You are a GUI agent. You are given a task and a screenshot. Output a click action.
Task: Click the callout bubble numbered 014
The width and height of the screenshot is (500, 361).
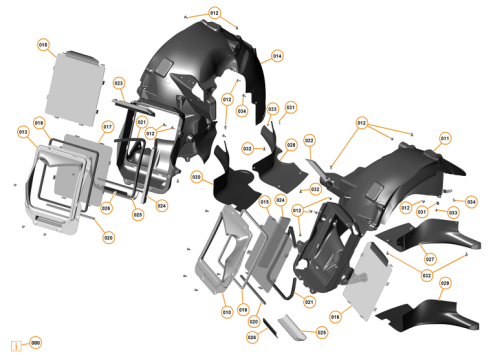click(x=277, y=56)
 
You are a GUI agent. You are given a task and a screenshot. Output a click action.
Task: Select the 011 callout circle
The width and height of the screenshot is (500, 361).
click(x=445, y=138)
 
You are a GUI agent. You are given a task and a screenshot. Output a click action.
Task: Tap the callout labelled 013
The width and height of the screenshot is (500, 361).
click(x=22, y=131)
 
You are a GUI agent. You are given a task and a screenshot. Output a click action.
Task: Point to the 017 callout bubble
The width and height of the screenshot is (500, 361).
click(x=107, y=127)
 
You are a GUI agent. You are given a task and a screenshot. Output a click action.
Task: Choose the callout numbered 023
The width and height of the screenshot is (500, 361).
click(x=118, y=82)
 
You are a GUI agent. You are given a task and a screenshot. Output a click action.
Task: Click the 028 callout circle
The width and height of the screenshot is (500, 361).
click(x=291, y=145)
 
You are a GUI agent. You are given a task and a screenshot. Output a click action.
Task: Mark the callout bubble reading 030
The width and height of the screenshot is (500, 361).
click(x=197, y=177)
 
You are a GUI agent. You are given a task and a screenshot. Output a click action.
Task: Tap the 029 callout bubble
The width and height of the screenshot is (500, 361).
click(x=445, y=284)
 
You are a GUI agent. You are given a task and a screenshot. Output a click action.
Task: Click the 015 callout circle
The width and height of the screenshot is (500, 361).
click(x=265, y=202)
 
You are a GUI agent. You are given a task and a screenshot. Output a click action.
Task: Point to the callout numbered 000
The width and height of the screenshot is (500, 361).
click(x=35, y=343)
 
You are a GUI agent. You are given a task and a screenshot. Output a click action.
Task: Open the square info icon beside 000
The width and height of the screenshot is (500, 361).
click(x=16, y=343)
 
